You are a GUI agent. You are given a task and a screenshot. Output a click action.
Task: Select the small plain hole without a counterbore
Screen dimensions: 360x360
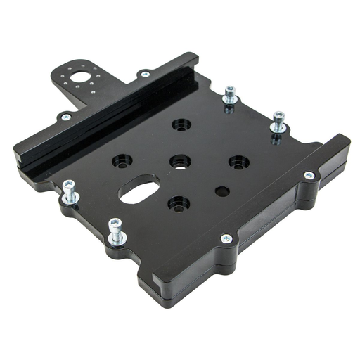222,191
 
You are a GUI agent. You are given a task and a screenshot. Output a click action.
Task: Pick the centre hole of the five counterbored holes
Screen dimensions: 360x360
181,161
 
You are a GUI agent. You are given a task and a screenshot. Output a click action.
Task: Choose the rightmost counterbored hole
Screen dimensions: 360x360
238,162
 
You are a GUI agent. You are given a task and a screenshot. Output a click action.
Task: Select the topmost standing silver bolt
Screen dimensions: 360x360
230,94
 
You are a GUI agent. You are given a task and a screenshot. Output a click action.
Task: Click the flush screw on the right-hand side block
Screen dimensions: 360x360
309,175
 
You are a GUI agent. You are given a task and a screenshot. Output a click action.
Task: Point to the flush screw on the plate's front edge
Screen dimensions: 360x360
226,239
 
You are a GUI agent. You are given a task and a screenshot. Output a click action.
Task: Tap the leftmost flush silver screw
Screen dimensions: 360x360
65,117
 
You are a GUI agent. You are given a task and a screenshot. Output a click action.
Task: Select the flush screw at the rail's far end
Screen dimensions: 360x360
146,74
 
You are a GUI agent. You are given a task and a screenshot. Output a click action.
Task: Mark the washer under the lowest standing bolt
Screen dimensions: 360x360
117,240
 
